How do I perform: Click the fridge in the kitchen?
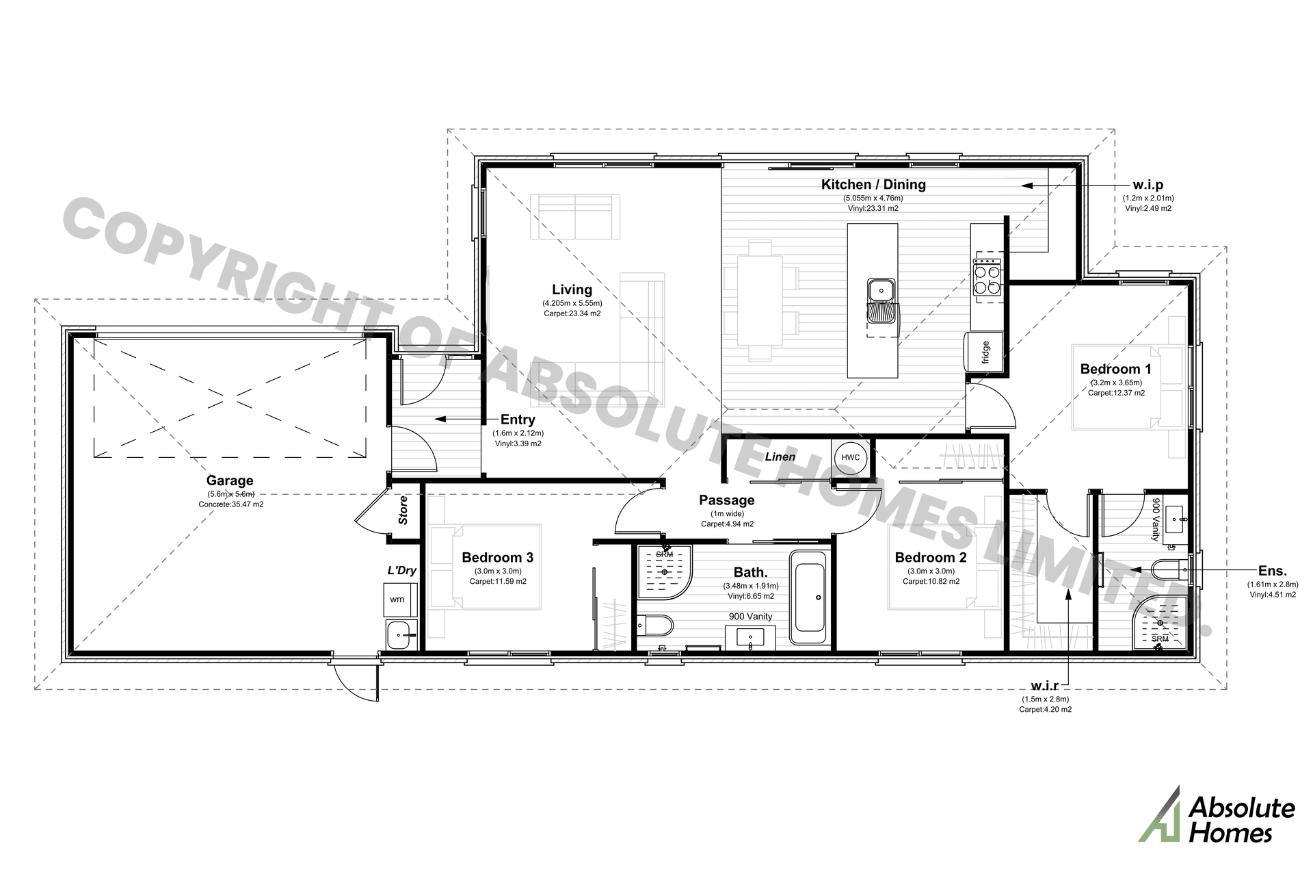click(x=984, y=352)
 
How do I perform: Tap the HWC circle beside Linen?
click(x=850, y=457)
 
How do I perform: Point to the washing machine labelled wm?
click(x=397, y=600)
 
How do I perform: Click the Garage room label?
click(x=230, y=480)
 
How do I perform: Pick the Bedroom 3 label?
click(x=497, y=557)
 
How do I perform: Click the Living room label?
click(x=572, y=289)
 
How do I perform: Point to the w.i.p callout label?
click(x=1148, y=185)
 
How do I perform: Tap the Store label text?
click(x=403, y=510)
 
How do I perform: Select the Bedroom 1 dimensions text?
click(x=1116, y=383)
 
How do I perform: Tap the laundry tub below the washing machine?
click(x=401, y=635)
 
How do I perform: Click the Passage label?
click(x=726, y=500)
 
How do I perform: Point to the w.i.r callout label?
click(x=1044, y=686)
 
